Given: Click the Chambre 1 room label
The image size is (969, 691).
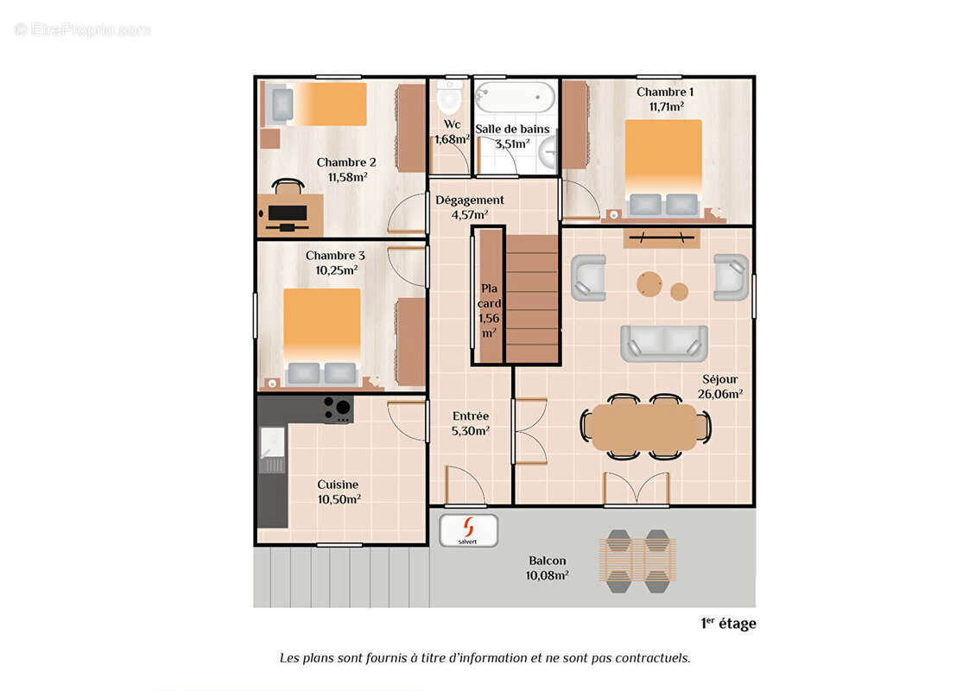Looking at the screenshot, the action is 665,92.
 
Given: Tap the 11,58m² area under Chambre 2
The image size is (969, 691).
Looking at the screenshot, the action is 348,177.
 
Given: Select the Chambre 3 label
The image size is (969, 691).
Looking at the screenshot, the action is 335,256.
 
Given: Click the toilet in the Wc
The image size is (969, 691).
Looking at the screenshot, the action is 449,96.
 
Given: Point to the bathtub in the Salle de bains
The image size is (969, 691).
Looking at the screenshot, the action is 515,98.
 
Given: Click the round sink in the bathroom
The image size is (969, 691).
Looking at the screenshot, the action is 548,152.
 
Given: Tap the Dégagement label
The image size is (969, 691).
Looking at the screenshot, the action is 470,200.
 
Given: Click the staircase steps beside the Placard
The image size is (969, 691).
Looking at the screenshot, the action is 532,299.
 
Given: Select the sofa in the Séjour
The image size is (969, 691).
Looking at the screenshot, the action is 664,344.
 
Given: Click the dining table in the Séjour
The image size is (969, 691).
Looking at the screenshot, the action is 645,427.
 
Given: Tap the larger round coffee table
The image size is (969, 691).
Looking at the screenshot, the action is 649,284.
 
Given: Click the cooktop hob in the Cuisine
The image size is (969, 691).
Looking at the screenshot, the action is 338,409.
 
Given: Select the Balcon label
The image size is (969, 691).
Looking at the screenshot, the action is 547,561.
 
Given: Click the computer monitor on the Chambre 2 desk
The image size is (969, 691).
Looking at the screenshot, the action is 288,213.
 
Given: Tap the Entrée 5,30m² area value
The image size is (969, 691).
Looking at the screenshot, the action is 471,431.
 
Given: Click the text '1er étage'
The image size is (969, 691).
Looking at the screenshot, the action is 728,624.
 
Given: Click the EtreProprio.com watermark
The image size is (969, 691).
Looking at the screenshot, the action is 82,29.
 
